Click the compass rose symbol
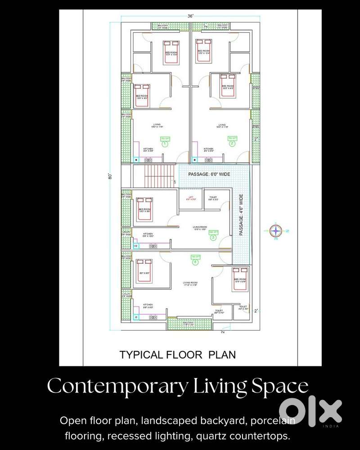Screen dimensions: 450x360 click(x=275, y=230)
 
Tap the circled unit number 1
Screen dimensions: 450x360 click(x=165, y=144)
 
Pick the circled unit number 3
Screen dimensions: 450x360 click(x=213, y=238)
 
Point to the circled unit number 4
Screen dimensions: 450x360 click(x=195, y=262)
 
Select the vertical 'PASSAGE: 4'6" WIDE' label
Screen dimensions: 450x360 click(x=242, y=216)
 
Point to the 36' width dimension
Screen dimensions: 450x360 click(x=190, y=16)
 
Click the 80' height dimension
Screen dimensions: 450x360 click(x=110, y=176)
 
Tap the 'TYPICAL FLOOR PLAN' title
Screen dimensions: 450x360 click(x=177, y=355)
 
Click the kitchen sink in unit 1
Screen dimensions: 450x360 click(x=136, y=159)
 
